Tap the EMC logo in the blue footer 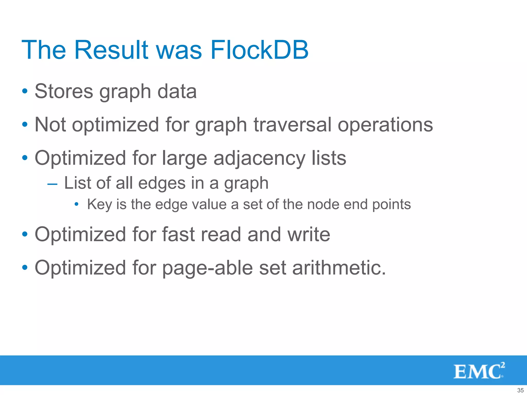(x=479, y=371)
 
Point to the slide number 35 (x=520, y=390)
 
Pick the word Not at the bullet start (x=50, y=125)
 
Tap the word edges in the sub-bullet (x=161, y=183)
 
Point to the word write (x=309, y=235)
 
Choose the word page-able (x=208, y=268)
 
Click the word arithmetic (x=339, y=268)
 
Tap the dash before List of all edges (x=52, y=184)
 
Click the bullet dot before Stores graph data (x=25, y=91)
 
